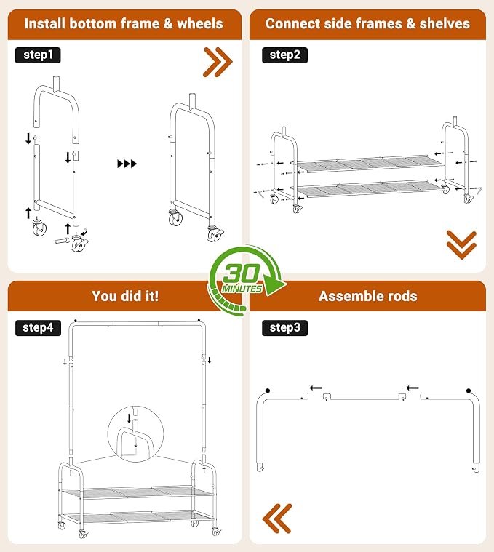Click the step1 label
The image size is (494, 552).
38,55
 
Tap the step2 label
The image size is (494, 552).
284,55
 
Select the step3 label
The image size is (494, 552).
284,328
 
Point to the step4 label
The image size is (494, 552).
38,328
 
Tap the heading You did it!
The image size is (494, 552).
125,296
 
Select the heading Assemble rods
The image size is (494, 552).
368,296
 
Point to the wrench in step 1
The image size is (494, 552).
63,241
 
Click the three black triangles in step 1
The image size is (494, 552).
127,164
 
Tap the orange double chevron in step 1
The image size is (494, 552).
218,62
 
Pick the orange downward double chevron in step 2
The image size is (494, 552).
461,245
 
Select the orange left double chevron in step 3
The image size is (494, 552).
277,519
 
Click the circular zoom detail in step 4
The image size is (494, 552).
135,433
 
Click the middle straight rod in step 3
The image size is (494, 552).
364,396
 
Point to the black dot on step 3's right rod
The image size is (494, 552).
469,391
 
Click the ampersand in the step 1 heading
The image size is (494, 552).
168,23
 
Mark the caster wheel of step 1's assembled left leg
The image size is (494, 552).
175,218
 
